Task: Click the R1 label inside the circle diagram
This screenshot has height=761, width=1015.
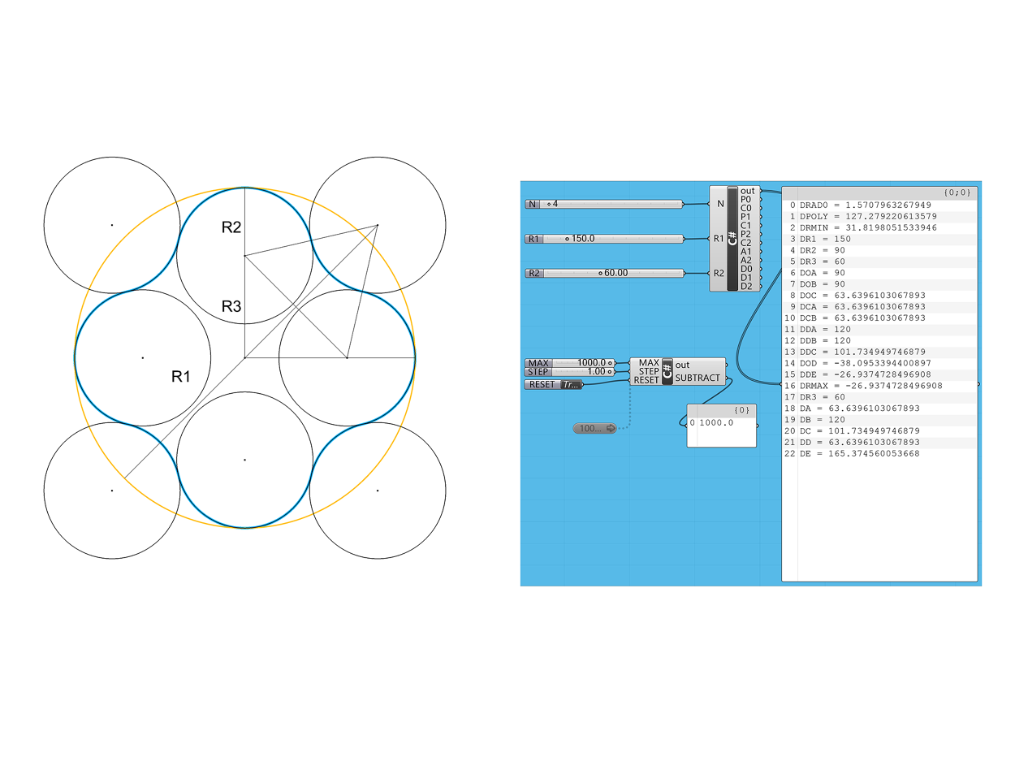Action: click(x=180, y=376)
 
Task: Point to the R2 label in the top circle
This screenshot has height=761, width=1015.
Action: click(x=231, y=227)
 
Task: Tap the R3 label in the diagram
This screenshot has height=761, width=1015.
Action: click(x=231, y=306)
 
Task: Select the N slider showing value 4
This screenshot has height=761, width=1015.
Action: click(x=603, y=204)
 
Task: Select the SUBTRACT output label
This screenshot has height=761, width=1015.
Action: click(x=697, y=378)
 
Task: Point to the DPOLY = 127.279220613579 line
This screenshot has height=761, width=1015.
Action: click(x=868, y=216)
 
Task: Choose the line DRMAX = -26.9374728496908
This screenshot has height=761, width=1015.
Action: click(x=870, y=386)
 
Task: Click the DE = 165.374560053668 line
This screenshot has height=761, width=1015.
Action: click(x=860, y=453)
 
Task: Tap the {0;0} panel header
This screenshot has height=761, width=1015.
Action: click(x=957, y=192)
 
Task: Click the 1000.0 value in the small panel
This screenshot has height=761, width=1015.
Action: click(x=716, y=422)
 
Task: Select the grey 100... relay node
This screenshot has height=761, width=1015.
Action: click(x=594, y=428)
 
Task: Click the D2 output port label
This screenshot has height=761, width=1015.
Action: click(x=746, y=286)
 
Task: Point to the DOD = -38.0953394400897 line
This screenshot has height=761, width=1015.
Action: click(x=865, y=363)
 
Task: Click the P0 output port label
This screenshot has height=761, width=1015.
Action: click(x=745, y=199)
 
